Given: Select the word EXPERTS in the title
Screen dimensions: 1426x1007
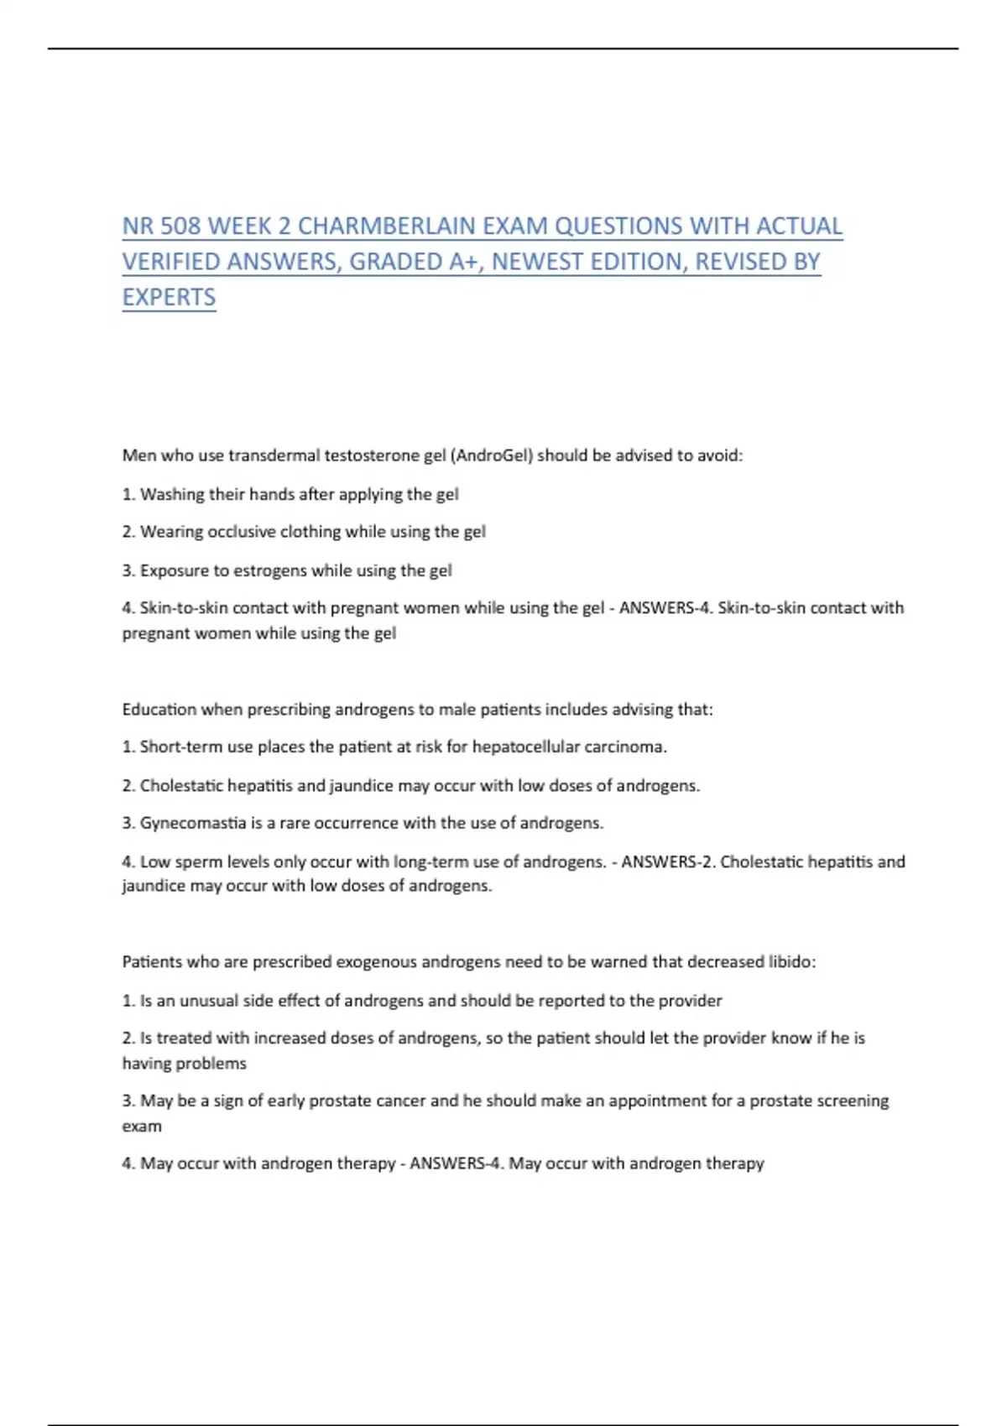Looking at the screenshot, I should pos(169,298).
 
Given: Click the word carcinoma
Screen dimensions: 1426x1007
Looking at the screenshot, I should pos(626,747).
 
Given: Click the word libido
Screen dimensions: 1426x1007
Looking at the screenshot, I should pos(791,962).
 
